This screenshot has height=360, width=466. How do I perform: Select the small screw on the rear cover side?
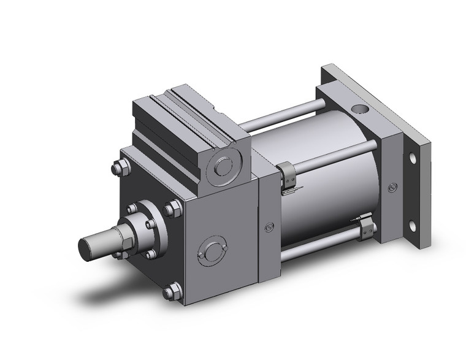click(x=390, y=185)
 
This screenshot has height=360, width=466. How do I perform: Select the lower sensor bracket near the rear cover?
click(x=367, y=228)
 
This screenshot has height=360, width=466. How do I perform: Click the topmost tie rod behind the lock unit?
click(x=282, y=117)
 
